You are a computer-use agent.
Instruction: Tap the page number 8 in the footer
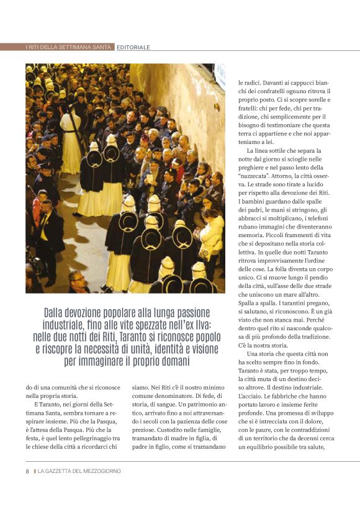[x=27, y=471]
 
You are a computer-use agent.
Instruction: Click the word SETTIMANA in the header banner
[x=81, y=47]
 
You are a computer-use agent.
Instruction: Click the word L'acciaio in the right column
[x=251, y=395]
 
